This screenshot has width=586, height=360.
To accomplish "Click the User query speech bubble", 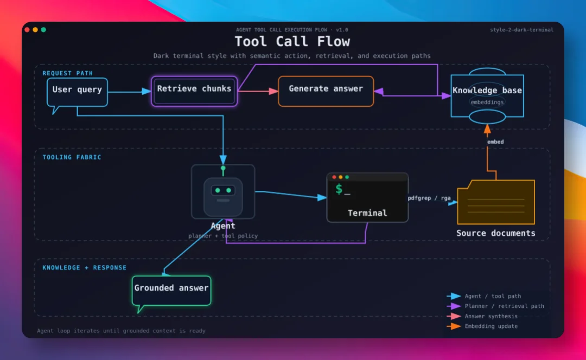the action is [77, 92].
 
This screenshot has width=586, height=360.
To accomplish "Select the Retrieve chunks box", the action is [194, 91].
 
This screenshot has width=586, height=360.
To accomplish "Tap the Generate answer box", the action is [326, 91].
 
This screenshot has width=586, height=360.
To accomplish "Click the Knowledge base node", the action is [487, 96].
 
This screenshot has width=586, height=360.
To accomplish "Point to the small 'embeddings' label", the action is [487, 102].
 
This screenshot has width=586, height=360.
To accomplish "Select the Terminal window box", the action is [367, 197].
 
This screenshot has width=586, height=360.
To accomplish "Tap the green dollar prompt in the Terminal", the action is [339, 189].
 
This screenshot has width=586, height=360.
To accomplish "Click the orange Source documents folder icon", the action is [496, 202].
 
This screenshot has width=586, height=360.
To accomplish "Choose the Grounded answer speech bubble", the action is [171, 291].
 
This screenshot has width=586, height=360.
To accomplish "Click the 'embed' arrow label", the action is [495, 142].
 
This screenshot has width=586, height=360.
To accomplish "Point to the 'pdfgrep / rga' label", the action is [429, 198].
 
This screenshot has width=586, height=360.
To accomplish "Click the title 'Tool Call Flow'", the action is [292, 41].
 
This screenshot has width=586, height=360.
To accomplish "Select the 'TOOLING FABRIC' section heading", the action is [72, 157].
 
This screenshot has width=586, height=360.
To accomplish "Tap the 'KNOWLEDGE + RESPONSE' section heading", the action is [85, 268].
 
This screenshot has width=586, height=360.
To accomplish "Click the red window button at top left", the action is [27, 29].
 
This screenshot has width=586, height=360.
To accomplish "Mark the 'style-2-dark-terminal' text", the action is [522, 30].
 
